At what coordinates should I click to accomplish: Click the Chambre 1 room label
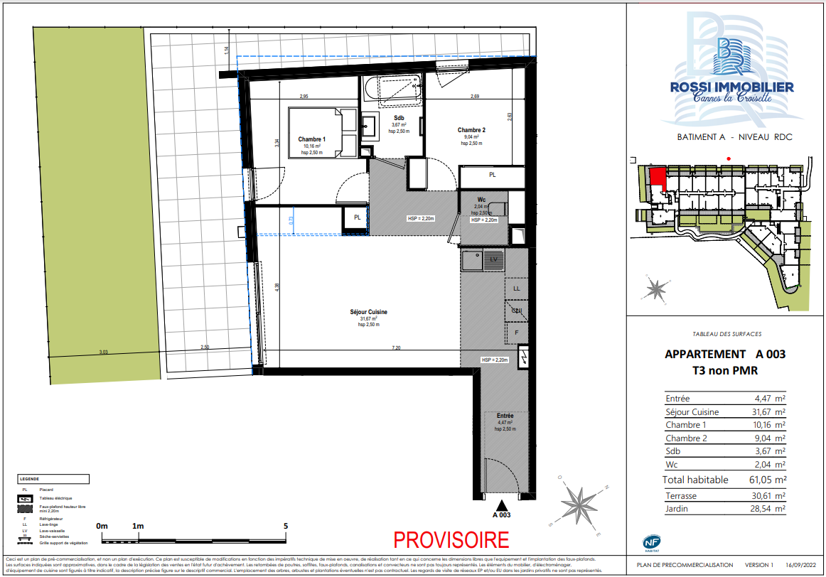tap(312, 139)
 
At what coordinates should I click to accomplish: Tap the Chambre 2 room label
tap(471, 130)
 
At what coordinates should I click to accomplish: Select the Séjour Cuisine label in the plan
tap(368, 312)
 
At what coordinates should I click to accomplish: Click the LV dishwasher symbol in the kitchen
tap(493, 259)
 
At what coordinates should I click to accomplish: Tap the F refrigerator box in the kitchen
tap(517, 333)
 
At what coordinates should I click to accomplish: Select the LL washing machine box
tap(517, 288)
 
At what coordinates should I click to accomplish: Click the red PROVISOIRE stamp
tap(451, 539)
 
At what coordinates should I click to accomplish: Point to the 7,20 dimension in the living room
tap(397, 348)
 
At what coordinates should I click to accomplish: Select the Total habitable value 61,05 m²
tap(766, 480)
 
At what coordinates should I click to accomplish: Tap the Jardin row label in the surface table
tap(677, 509)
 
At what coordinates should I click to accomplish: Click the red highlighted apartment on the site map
tap(658, 177)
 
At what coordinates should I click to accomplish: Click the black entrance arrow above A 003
tap(502, 504)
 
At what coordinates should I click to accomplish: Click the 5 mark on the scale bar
tap(286, 527)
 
